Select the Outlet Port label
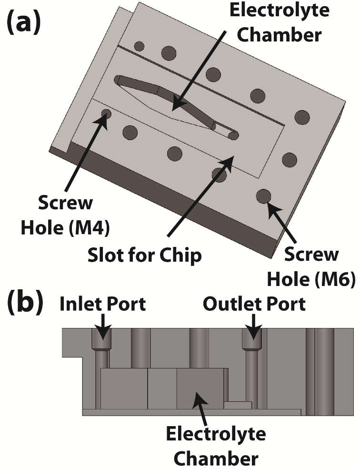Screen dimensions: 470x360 (x=254, y=304)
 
